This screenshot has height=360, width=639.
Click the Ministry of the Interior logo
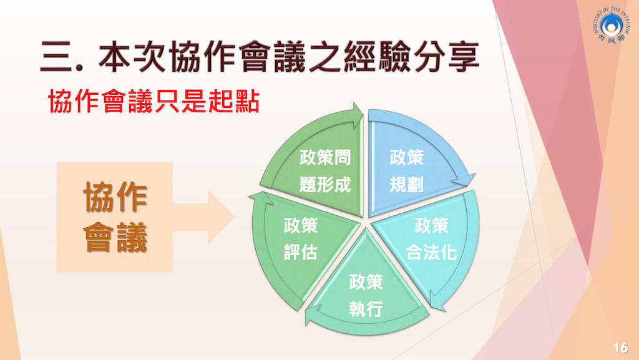(x=610, y=25)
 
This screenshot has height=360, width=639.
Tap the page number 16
(x=620, y=348)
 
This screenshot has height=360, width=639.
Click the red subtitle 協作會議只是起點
(x=154, y=101)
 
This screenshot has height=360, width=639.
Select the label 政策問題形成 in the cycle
(x=324, y=171)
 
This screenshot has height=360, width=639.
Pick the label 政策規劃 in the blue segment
(x=406, y=171)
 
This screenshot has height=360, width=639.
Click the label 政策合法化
(x=431, y=239)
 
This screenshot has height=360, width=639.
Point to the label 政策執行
(x=366, y=296)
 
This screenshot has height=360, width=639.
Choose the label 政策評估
(x=300, y=239)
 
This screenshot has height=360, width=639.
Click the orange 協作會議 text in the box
(x=115, y=217)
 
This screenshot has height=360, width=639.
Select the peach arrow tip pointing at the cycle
(x=222, y=217)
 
